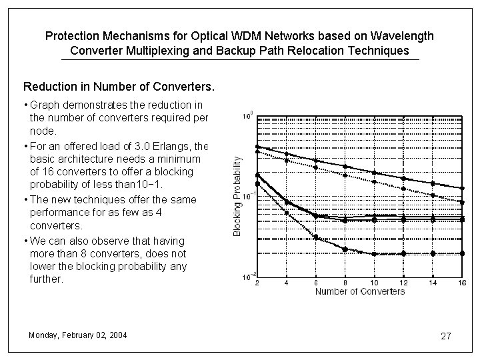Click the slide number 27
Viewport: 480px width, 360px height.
[446, 336]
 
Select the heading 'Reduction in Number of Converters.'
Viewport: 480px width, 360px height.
[119, 87]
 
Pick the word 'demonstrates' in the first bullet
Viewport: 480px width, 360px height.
[100, 105]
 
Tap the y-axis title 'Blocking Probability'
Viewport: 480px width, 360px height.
[237, 196]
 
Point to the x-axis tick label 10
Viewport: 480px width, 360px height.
[374, 283]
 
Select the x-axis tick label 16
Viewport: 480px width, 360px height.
[462, 283]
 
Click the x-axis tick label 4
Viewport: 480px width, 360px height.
[287, 283]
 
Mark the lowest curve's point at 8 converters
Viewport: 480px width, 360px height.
[345, 249]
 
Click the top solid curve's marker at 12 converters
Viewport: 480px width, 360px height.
[403, 177]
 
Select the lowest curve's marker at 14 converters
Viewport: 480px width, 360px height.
[433, 253]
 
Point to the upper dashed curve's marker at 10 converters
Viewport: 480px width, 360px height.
[374, 181]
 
